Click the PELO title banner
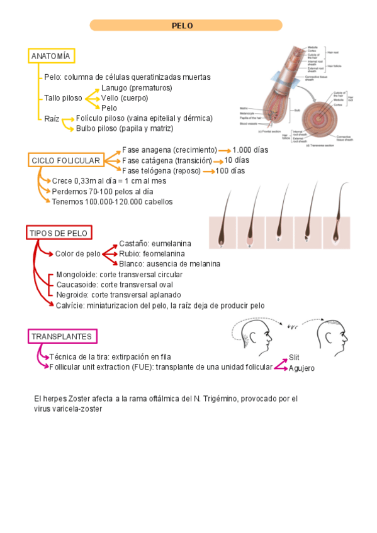186,25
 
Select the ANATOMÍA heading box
50,56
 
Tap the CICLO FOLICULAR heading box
65,161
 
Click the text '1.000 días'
250,150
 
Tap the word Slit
294,357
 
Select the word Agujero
301,368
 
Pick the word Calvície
70,305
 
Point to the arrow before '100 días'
208,171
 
